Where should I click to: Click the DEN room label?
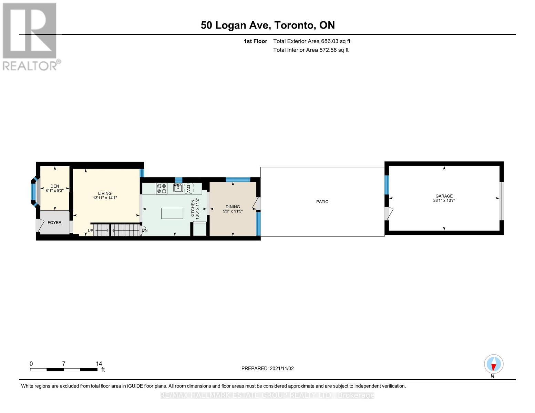54,186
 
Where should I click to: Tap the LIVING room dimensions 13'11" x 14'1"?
105,198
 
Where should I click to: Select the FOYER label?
54,223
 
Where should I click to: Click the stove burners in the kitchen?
162,189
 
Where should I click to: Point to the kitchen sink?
178,188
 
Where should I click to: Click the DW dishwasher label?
188,188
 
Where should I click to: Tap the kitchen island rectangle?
172,213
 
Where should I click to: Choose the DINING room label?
233,207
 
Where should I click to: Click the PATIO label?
322,202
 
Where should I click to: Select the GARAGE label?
444,196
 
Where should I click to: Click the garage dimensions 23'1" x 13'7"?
444,200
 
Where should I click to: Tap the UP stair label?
90,231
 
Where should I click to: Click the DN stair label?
145,230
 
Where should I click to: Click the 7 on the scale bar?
64,364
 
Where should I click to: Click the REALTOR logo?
30,36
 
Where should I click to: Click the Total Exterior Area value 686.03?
330,41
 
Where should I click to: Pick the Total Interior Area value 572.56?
329,50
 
